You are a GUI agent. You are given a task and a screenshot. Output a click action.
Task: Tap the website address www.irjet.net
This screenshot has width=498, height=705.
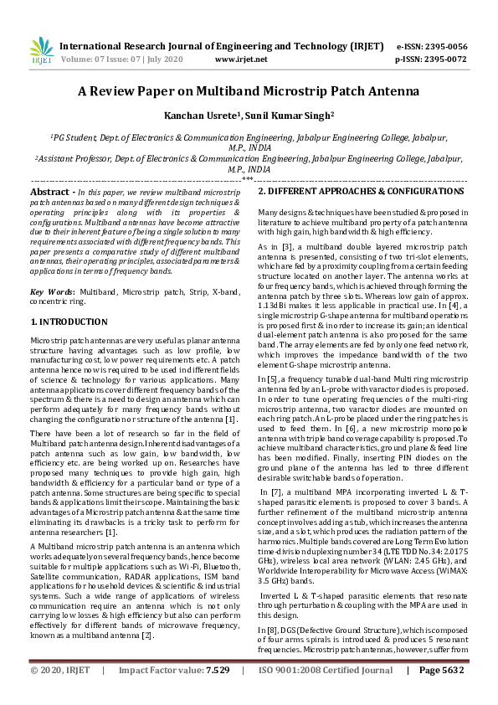(241, 59)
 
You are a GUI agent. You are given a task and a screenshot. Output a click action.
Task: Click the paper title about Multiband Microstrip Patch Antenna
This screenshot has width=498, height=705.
(249, 91)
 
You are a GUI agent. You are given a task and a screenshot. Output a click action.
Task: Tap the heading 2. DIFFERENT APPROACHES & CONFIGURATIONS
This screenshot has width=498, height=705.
(360, 192)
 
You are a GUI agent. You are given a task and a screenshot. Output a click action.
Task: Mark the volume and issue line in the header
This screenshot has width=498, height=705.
(121, 59)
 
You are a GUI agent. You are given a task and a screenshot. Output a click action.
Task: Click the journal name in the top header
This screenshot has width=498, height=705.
(223, 47)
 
